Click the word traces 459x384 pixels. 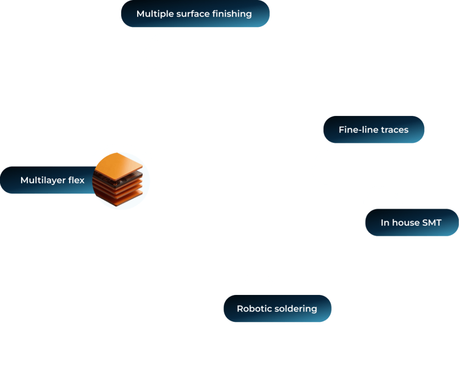tap(394, 130)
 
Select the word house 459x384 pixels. tap(403, 222)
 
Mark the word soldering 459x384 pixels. tap(295, 309)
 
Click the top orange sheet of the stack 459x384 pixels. tap(121, 162)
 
